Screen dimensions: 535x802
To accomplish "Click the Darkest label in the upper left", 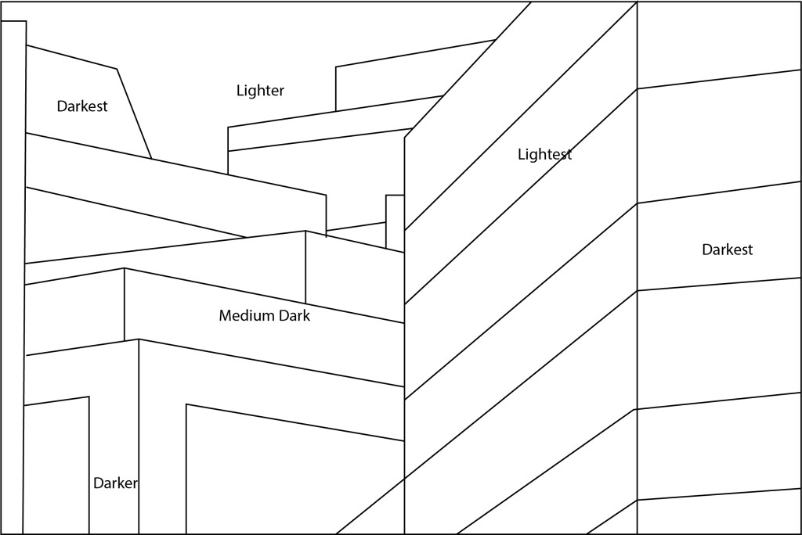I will [81, 106].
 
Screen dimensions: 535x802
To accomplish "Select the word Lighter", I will [260, 91].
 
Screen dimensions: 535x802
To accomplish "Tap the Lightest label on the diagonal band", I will [544, 155].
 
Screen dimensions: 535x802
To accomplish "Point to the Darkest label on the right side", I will [727, 250].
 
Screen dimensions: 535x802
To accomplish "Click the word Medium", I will [245, 316].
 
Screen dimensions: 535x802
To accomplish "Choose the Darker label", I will [115, 483].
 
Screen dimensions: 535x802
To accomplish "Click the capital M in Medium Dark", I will [226, 316].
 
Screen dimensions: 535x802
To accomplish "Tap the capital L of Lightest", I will [522, 155].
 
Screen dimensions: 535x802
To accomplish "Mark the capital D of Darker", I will [98, 483].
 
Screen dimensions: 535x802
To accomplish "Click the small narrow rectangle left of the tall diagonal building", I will [395, 222].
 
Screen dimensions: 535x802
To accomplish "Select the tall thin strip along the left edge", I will [13, 274].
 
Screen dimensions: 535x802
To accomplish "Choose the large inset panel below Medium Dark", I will [294, 477].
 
